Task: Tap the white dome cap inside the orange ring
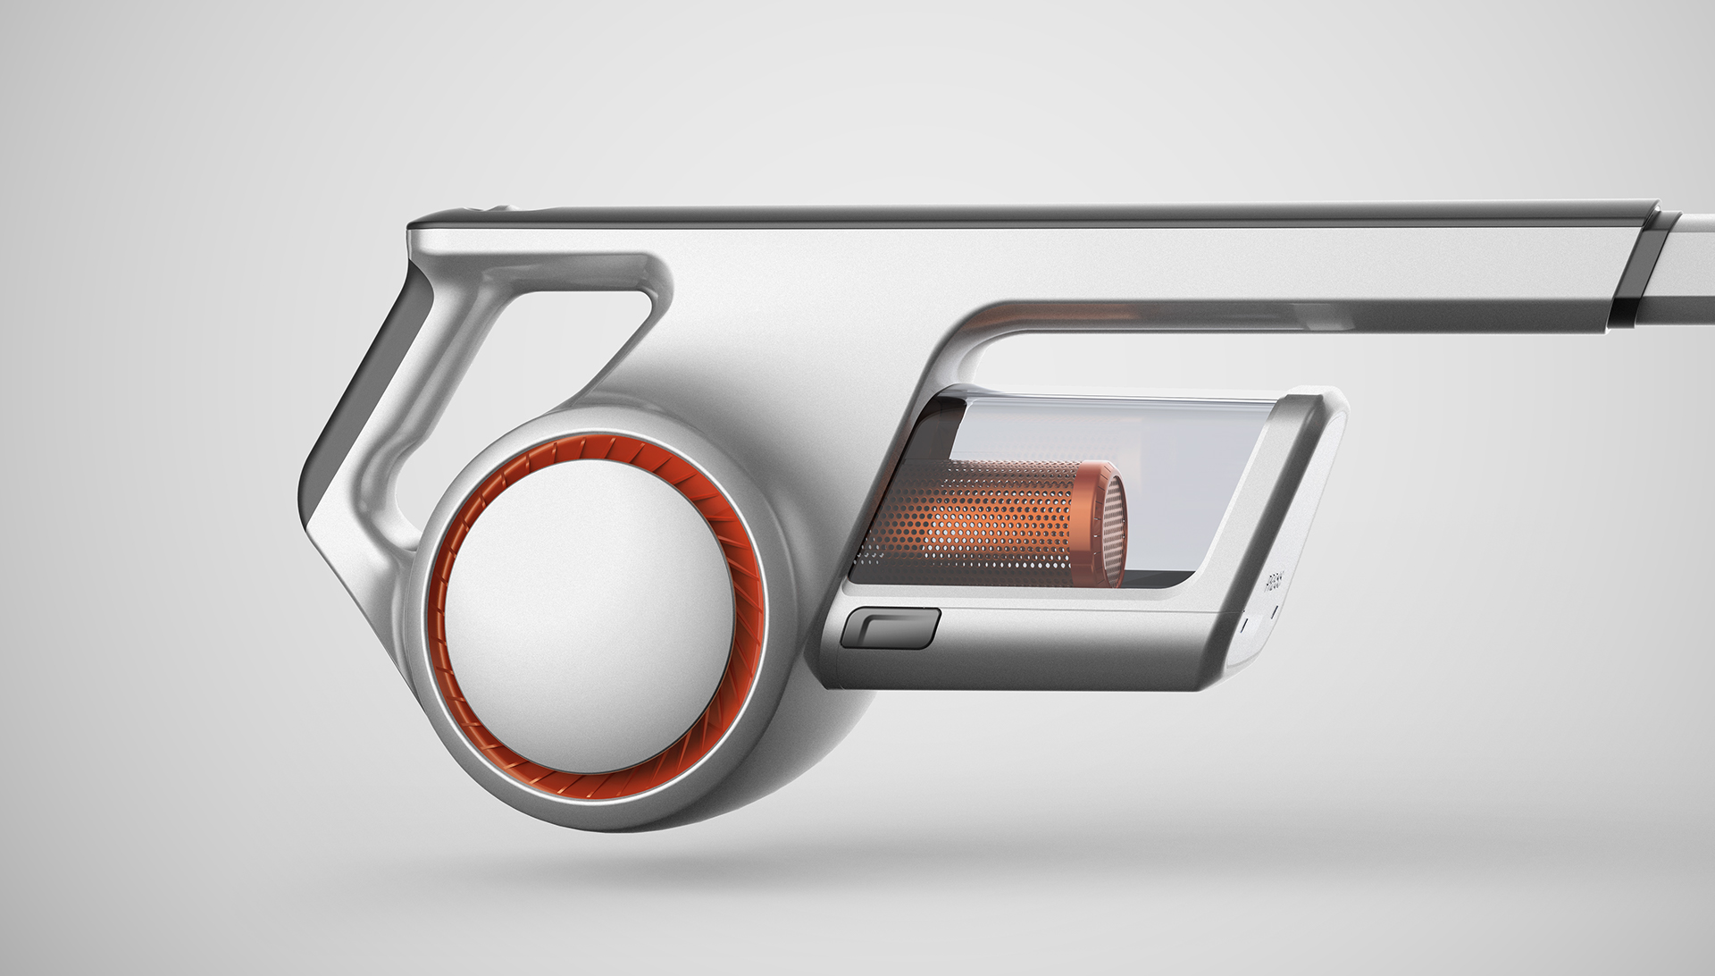pyautogui.click(x=590, y=609)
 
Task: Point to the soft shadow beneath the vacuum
pyautogui.click(x=804, y=858)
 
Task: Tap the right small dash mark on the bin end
pyautogui.click(x=1274, y=611)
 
